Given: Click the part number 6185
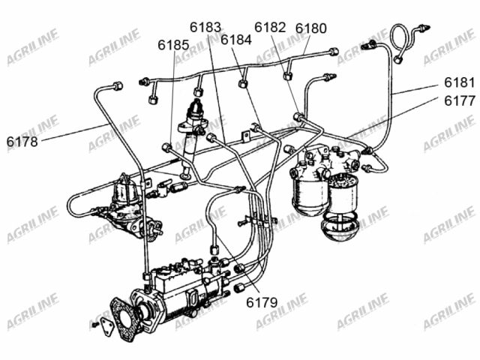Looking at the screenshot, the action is [x=173, y=45].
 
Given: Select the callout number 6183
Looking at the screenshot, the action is [x=205, y=27].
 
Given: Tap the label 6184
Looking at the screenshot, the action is [x=236, y=40].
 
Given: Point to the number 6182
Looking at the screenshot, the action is [x=270, y=27].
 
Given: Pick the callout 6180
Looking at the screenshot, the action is [x=311, y=28].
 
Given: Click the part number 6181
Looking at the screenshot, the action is [x=460, y=82].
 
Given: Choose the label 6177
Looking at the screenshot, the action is [x=460, y=100].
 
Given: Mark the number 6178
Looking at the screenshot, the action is [x=22, y=142].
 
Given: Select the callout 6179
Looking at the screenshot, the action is [x=262, y=302].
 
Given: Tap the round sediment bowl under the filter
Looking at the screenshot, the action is [x=339, y=226].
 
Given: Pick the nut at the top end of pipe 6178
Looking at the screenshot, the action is [x=118, y=85].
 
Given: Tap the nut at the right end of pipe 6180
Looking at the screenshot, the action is [x=333, y=51].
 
